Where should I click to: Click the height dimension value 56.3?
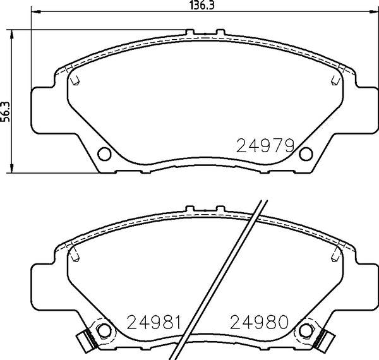click(x=5, y=111)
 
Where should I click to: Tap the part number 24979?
click(x=265, y=146)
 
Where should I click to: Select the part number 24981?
click(x=153, y=322)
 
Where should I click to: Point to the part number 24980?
click(x=260, y=322)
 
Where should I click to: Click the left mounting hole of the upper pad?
click(x=104, y=153)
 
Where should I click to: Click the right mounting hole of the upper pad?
click(x=306, y=153)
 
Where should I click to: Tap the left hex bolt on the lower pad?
click(x=104, y=330)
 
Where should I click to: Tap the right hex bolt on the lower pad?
click(x=306, y=330)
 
